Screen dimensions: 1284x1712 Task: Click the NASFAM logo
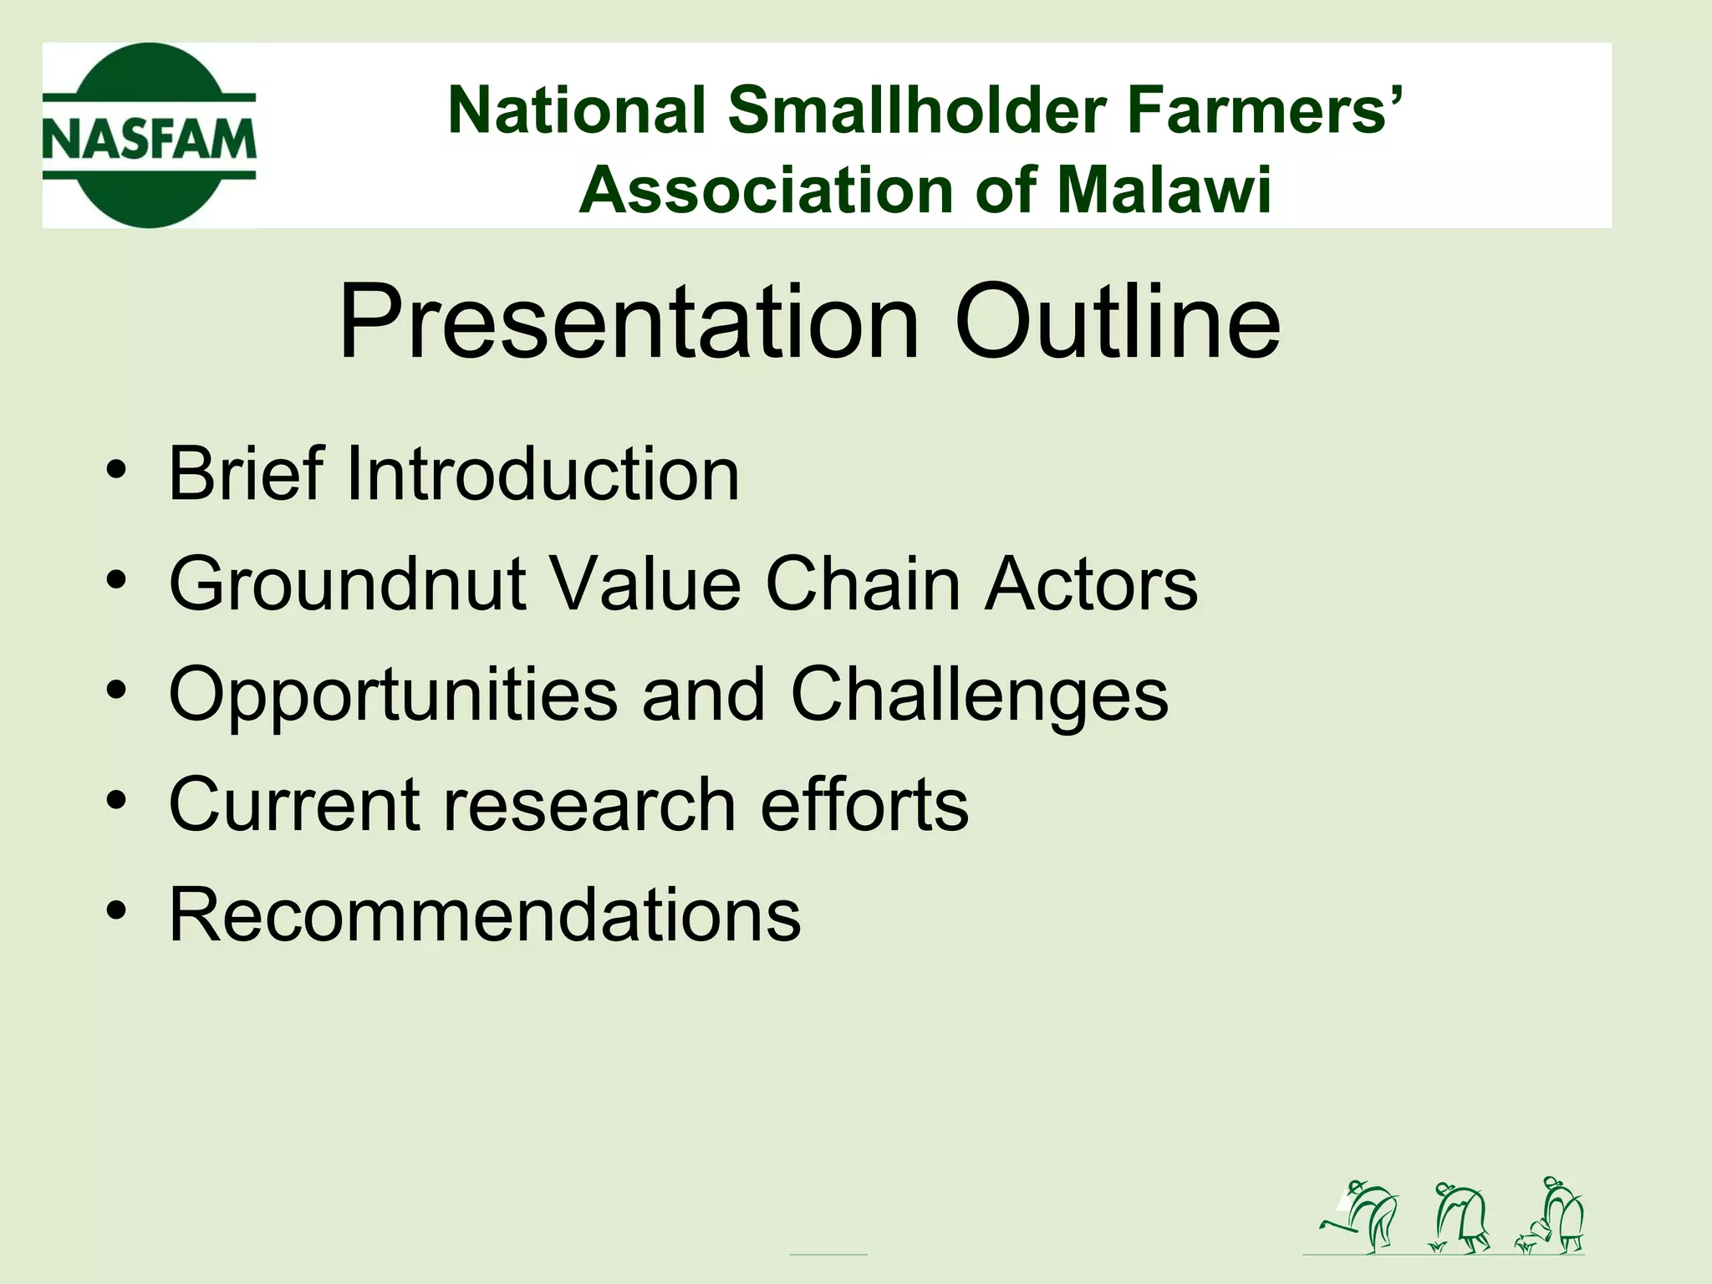coord(149,135)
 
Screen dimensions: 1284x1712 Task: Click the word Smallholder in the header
coord(921,110)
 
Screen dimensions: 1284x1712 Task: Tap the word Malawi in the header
coord(1164,191)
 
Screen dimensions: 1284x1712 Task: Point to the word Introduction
coord(542,474)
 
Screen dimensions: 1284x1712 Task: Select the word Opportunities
coord(393,695)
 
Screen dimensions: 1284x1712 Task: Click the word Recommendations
coord(485,915)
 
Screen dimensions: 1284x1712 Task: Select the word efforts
coord(864,804)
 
